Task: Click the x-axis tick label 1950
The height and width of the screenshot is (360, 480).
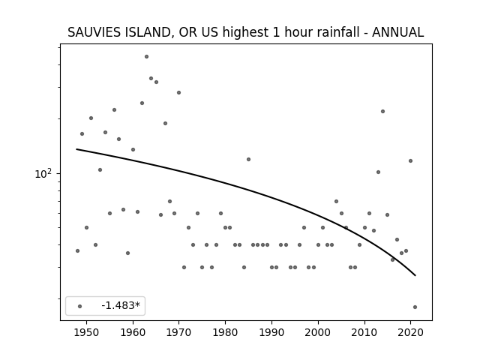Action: pos(87,332)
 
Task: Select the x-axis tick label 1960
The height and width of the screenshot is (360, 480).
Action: pos(133,332)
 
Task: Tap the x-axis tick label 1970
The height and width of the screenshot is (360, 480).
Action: pos(179,332)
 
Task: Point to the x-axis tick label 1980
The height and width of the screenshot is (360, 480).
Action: pos(225,332)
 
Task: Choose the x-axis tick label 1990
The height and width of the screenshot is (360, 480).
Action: pos(271,332)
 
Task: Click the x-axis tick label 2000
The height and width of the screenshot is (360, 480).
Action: pos(318,332)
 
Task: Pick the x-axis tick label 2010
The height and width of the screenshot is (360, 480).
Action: pos(364,332)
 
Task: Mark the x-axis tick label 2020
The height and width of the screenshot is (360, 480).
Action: pos(410,332)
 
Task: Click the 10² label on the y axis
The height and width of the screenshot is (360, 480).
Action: pos(43,173)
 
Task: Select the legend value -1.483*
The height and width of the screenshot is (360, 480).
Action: pos(121,305)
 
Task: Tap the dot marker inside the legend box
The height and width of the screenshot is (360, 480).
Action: pos(80,306)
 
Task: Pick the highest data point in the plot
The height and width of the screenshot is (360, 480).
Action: pos(147,57)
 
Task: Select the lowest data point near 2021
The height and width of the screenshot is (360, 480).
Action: pos(415,307)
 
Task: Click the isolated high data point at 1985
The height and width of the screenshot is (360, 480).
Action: pos(248,159)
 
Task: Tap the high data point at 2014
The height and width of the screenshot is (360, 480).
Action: pos(382,112)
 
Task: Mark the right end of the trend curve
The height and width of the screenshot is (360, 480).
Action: pos(415,275)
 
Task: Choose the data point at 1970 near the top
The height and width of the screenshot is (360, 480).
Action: pos(178,92)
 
